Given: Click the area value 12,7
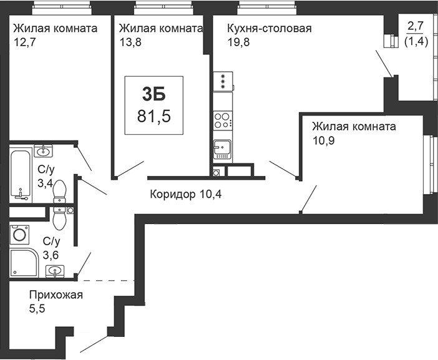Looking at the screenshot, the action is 25,42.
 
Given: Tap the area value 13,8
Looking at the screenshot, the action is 131,42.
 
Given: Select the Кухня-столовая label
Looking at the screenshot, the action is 270,29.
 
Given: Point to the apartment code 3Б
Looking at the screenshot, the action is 154,94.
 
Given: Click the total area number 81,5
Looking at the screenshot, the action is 154,116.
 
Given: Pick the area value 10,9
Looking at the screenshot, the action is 323,140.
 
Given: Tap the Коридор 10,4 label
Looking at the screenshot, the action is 186,194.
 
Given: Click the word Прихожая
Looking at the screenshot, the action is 56,294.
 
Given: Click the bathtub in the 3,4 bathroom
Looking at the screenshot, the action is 21,175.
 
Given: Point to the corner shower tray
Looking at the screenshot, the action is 24,263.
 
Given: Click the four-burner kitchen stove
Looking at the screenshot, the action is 223,120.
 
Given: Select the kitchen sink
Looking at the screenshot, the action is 222,150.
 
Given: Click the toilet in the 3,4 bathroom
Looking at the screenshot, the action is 59,192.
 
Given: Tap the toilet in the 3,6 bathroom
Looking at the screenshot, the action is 59,218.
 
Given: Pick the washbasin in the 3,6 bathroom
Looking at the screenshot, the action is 55,271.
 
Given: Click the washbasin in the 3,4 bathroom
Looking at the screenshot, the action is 43,151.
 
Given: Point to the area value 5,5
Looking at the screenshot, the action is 37,309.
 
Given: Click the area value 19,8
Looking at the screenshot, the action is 238,42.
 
